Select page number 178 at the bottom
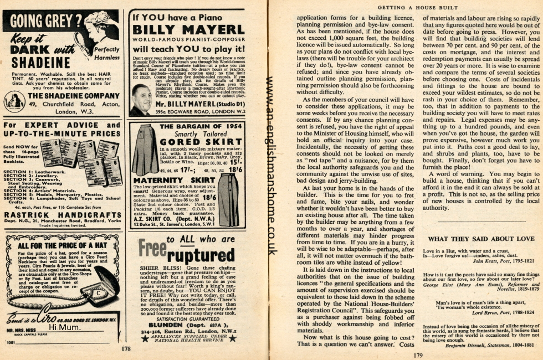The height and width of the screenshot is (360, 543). click(126, 349)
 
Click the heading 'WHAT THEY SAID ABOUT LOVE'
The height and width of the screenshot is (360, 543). click(481, 239)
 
